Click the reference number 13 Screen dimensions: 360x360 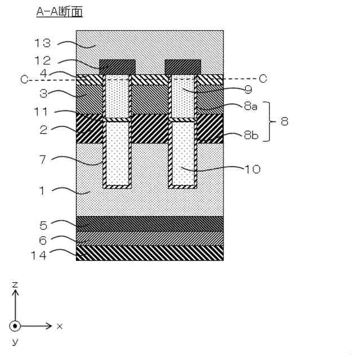pos(43,43)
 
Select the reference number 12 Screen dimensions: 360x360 pos(43,60)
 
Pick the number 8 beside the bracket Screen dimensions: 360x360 pos(285,121)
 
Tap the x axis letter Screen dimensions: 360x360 pos(59,326)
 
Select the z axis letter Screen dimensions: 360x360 pos(15,285)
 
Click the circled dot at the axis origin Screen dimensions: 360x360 pos(15,326)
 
